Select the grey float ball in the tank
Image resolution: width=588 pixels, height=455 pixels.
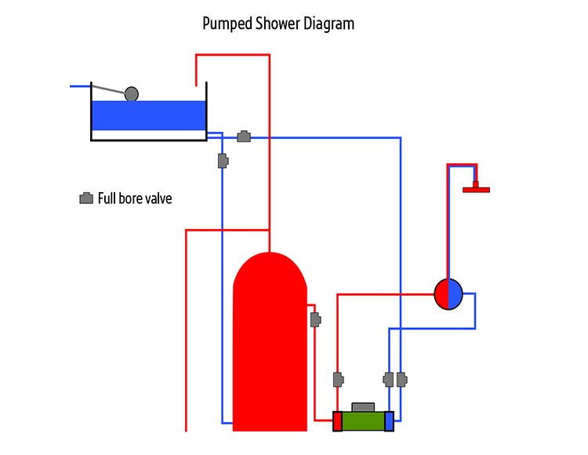coord(132,94)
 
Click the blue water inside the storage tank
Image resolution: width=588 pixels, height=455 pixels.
coord(148,115)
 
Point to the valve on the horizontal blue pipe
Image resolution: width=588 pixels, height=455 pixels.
coord(244,136)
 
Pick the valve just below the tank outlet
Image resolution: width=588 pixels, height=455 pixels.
coord(223,161)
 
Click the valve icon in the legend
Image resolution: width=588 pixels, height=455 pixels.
coord(86,198)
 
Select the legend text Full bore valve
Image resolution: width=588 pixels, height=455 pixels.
coord(135,198)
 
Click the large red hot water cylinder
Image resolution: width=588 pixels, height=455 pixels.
coord(270,345)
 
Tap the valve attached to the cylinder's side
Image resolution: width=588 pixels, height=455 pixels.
coord(314,319)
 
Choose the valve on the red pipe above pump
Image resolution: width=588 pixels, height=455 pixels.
coord(338,380)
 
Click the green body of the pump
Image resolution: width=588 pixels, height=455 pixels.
coord(363,421)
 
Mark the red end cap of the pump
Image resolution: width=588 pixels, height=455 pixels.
coord(337,421)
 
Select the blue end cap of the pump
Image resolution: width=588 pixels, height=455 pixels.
coord(389,421)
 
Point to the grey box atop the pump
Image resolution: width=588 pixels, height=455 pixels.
coord(363,406)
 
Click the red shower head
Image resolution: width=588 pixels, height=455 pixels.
coord(476,188)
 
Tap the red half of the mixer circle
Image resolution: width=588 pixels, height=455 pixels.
coord(441,294)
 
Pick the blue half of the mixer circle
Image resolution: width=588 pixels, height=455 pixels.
coord(456,294)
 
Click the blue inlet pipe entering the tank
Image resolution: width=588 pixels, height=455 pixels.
coord(80,86)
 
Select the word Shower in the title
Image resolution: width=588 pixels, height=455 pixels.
coord(274,24)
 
